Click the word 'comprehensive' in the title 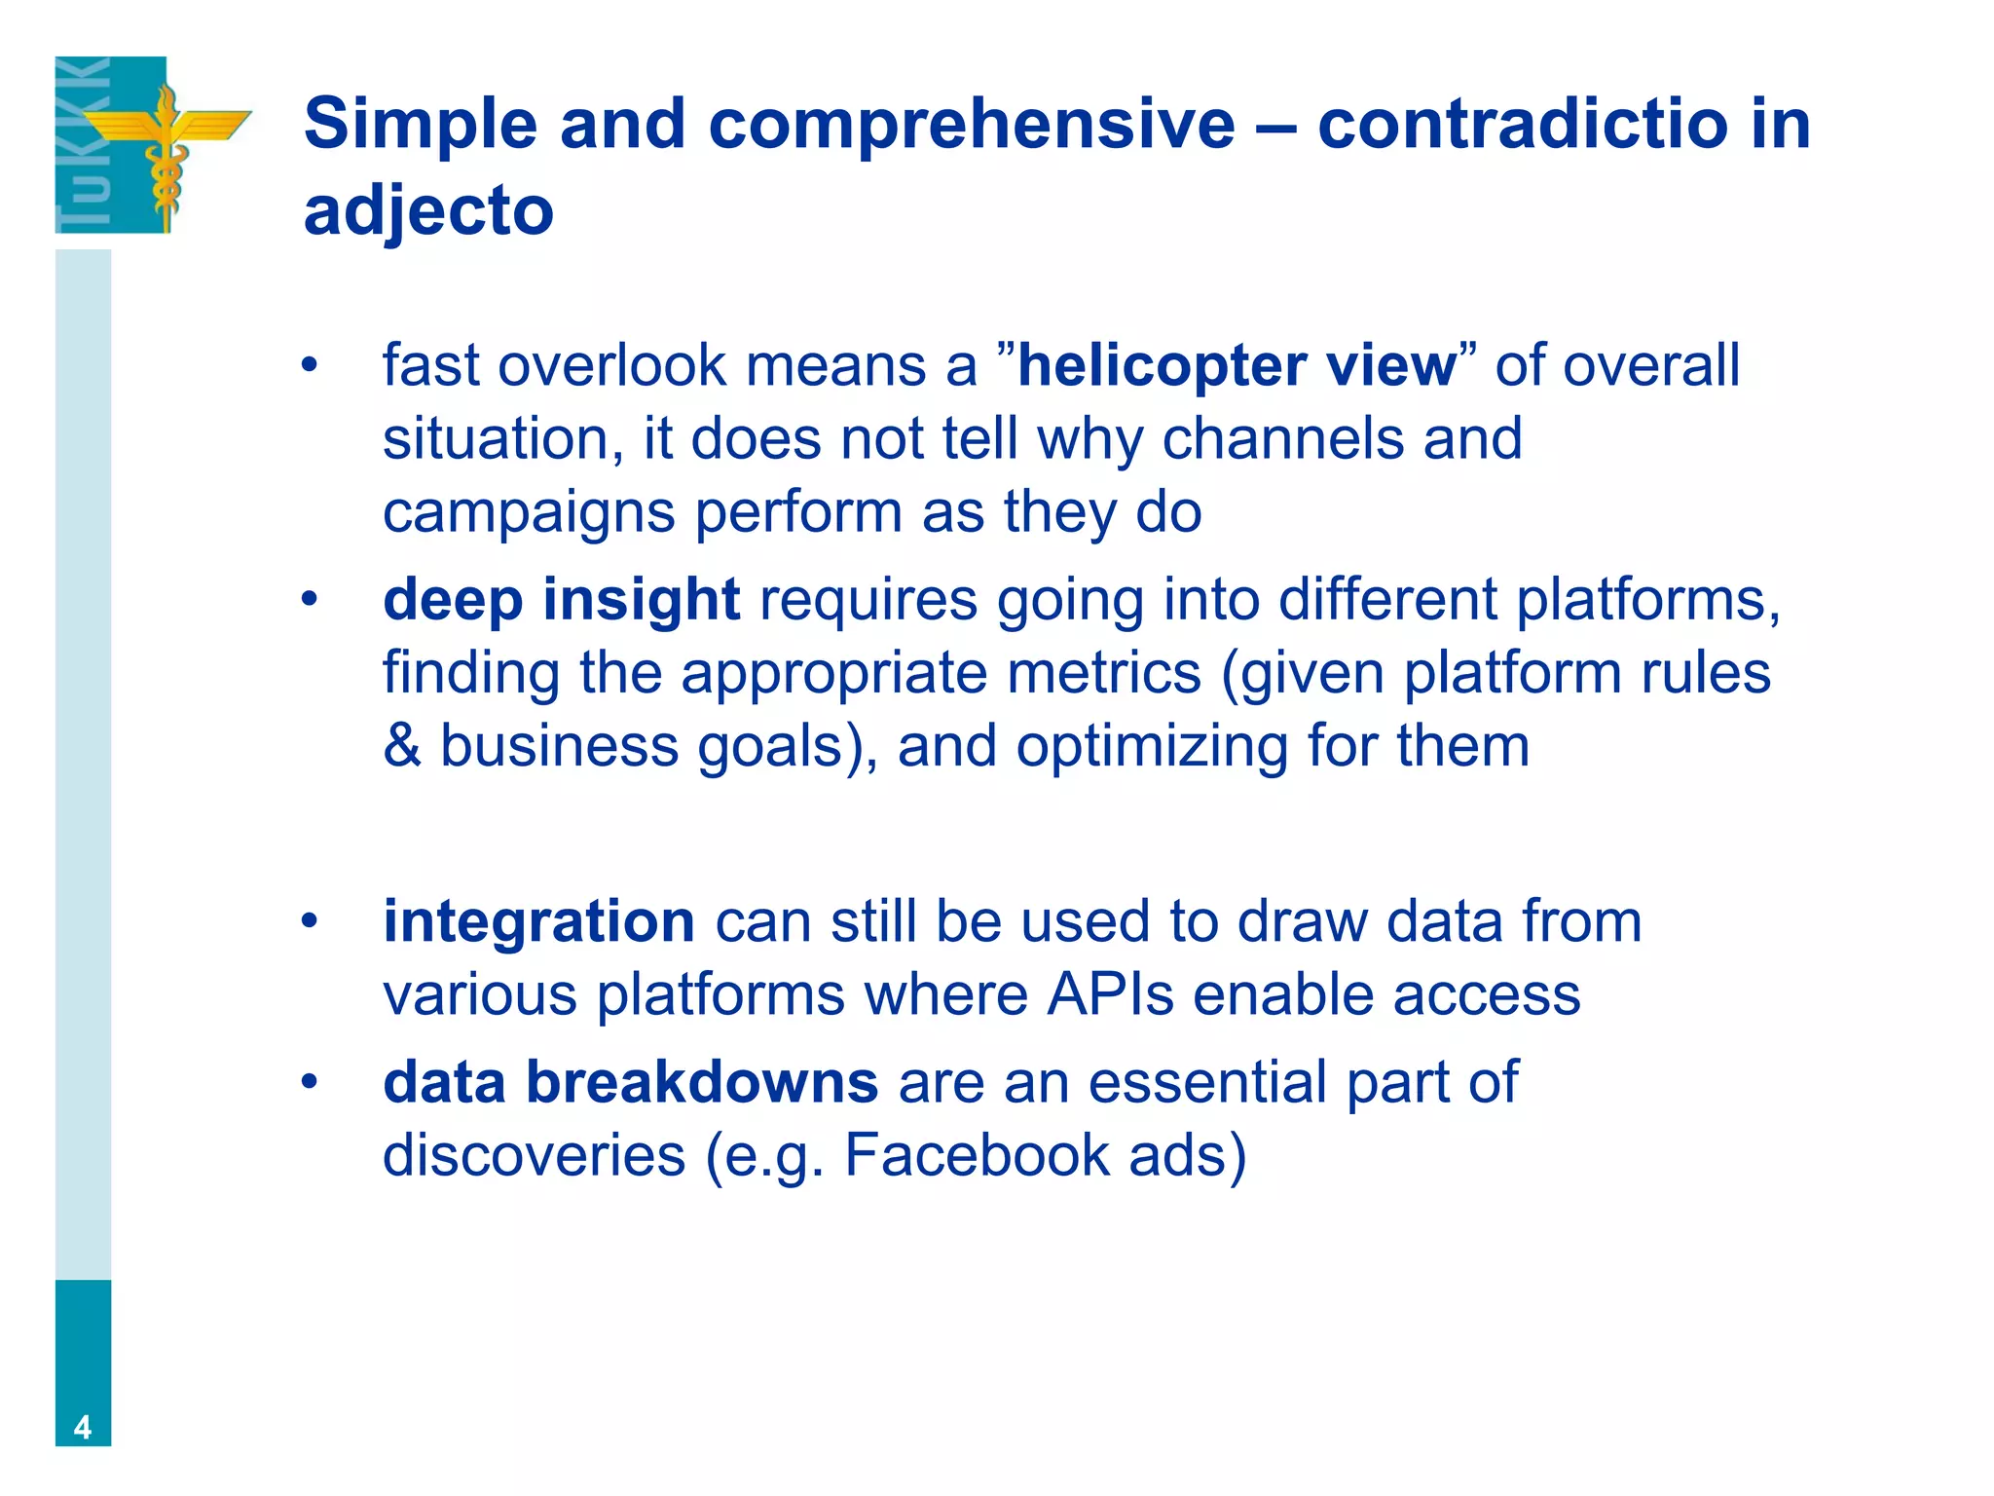971,127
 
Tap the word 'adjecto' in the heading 428,211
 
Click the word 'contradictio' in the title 1523,125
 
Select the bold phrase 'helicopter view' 1237,366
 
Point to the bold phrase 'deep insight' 561,599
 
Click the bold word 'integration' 538,921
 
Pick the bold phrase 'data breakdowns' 630,1082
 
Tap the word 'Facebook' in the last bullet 977,1155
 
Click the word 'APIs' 1110,995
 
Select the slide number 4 83,1427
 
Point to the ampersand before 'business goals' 402,746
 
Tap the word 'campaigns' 528,513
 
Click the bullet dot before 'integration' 309,920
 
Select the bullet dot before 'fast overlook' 309,366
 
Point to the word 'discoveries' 534,1155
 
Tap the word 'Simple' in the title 421,125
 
